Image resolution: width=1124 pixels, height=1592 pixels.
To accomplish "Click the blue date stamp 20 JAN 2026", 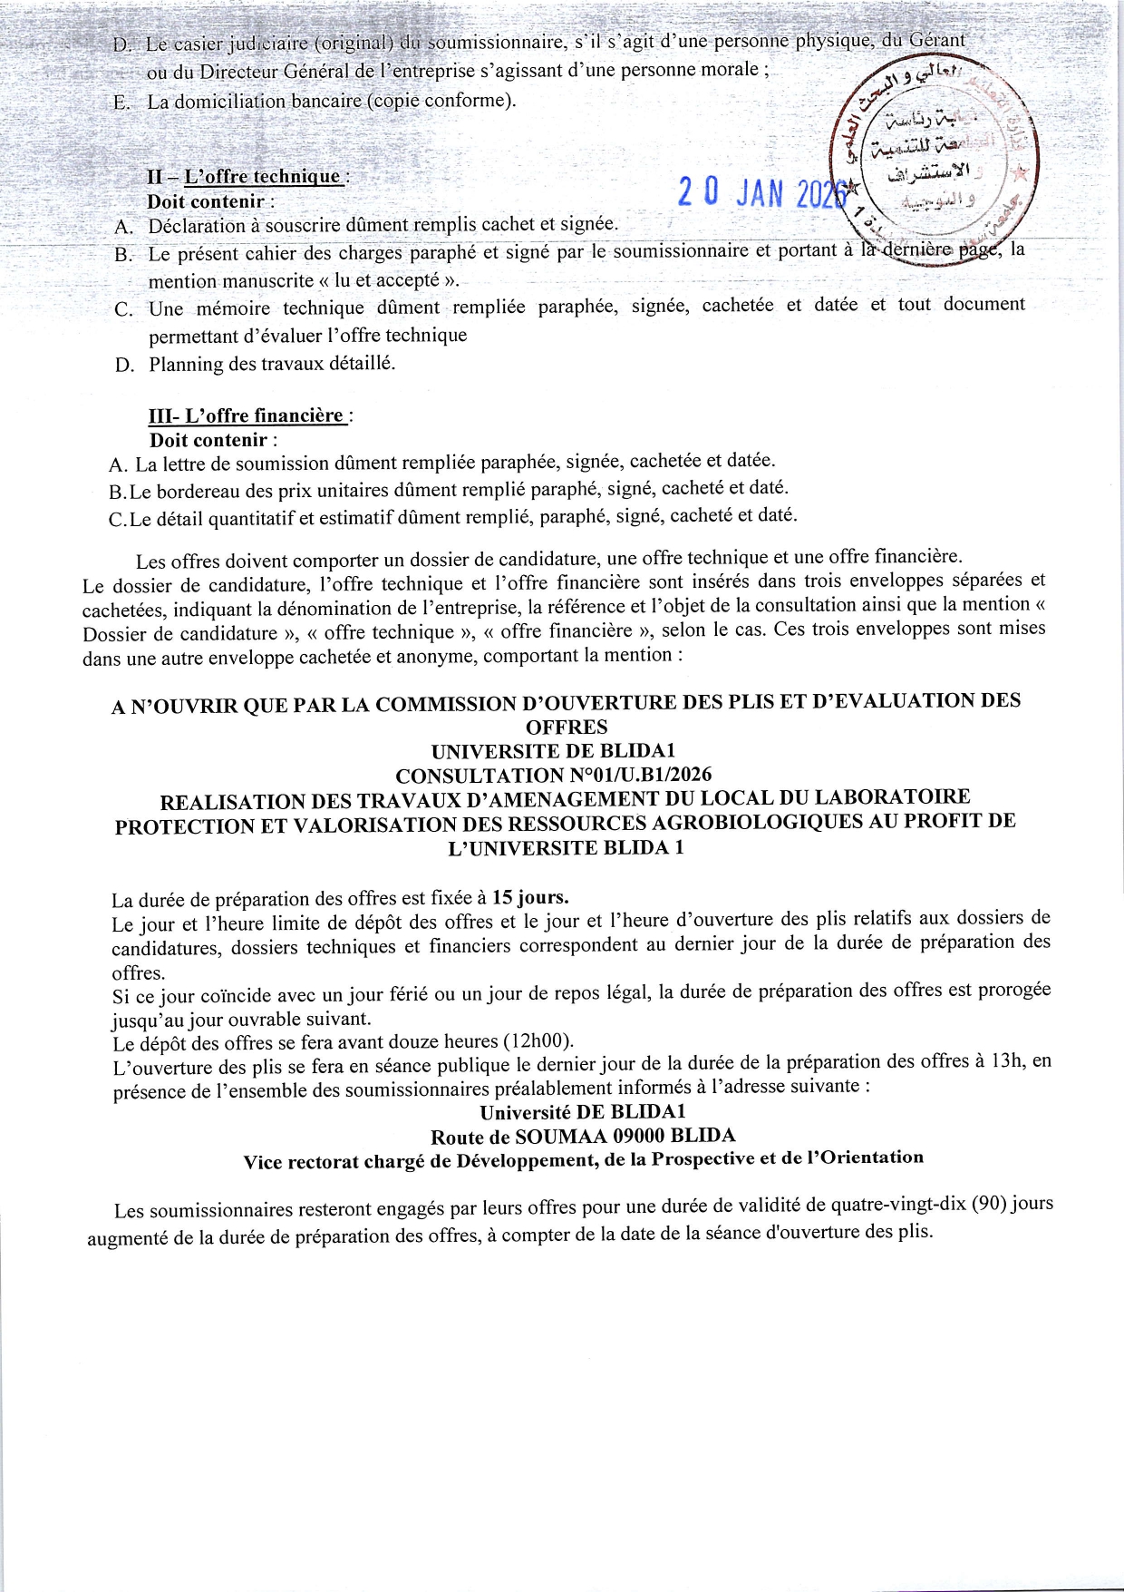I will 761,192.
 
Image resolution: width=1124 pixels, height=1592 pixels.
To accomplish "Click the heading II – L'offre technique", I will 246,177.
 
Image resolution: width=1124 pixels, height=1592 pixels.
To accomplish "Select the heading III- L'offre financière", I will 247,416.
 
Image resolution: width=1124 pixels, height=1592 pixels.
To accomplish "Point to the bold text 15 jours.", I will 530,898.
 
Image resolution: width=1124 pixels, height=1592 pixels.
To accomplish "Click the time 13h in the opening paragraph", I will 1007,1060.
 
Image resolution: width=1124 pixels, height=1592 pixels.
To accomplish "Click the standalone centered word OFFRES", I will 567,728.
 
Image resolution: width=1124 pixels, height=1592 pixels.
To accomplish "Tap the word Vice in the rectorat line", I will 264,1163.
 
